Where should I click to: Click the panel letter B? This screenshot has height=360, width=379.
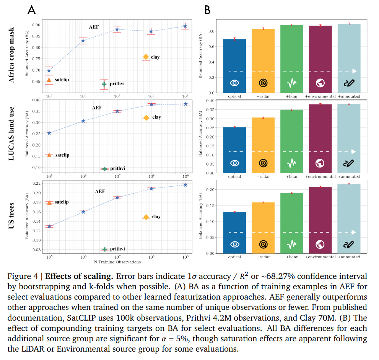click(207, 10)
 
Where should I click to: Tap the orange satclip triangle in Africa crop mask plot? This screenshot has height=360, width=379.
click(49, 80)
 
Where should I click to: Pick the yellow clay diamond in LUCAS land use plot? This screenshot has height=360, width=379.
click(146, 117)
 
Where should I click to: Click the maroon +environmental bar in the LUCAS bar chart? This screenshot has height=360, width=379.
click(320, 138)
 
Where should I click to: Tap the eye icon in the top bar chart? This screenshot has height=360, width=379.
click(234, 82)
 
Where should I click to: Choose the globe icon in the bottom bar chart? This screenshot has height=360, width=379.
click(320, 244)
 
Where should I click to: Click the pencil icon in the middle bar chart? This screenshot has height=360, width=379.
click(349, 163)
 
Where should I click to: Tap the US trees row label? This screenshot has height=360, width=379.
click(12, 216)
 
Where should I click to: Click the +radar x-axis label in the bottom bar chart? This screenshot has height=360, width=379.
click(263, 257)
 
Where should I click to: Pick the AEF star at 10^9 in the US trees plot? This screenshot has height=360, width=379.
click(185, 185)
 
